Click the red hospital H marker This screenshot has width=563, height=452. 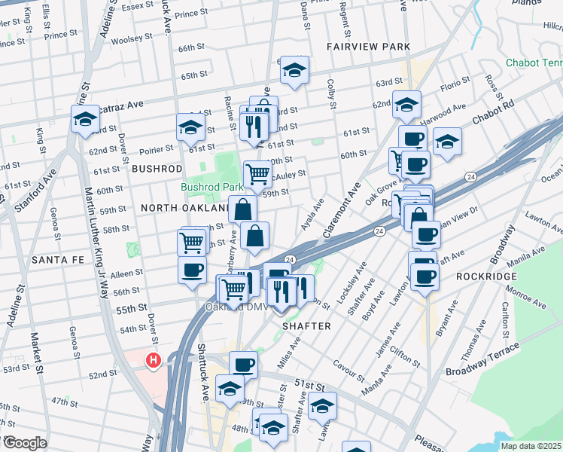154,361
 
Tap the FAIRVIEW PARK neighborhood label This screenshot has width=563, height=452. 368,47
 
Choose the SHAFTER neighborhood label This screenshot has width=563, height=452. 306,325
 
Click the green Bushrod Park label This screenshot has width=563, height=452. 211,187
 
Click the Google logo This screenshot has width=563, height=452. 24,443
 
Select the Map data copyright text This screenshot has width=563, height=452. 531,446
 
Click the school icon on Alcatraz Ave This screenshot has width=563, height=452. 85,120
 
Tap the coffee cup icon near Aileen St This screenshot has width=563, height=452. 192,270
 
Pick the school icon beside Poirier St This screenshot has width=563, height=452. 191,127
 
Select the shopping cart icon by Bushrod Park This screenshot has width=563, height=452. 257,174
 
